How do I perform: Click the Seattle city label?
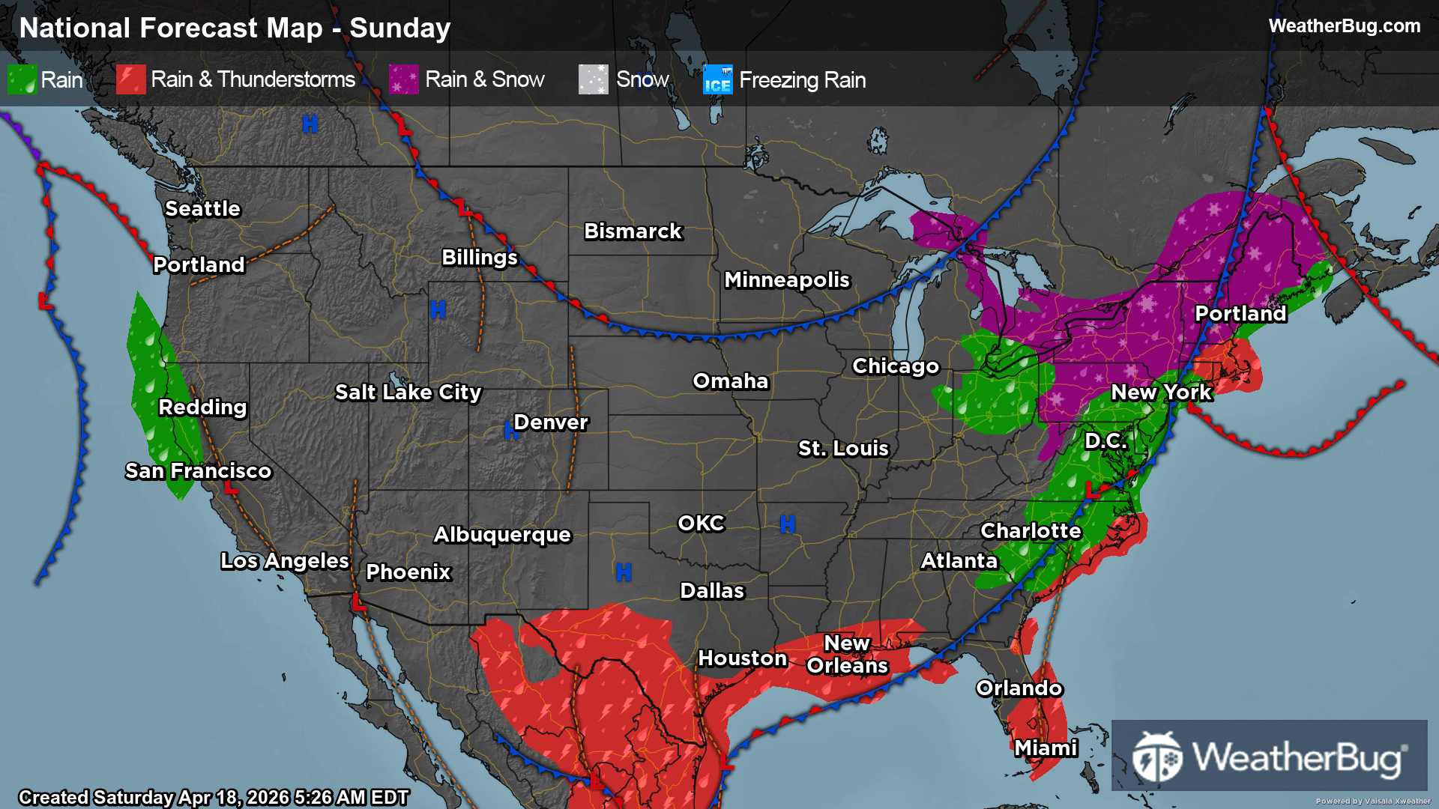[x=202, y=208]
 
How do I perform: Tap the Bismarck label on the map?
[x=633, y=231]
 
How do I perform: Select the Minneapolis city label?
[x=786, y=279]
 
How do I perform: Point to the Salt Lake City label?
[x=408, y=392]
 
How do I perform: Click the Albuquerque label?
[x=502, y=534]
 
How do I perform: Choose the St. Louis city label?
[x=842, y=448]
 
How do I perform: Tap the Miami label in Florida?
[x=1046, y=748]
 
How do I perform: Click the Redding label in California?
[x=202, y=407]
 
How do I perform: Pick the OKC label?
[x=701, y=523]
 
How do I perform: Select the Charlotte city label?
[x=1031, y=530]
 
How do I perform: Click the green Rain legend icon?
[x=21, y=79]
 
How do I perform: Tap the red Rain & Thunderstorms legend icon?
[x=130, y=79]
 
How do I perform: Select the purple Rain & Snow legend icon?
[x=404, y=79]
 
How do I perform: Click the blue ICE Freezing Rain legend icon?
[x=717, y=79]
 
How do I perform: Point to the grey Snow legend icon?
[x=593, y=79]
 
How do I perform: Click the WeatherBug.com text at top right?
[x=1344, y=26]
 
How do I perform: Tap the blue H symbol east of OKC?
[x=787, y=524]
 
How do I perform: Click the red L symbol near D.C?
[x=1093, y=491]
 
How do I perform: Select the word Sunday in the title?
[x=399, y=28]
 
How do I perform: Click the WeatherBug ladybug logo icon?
[x=1157, y=757]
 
